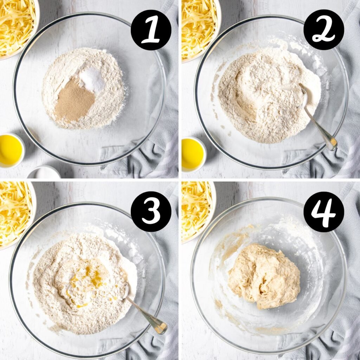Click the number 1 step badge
pos(151,30)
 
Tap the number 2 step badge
pos(323,30)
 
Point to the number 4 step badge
pos(323,211)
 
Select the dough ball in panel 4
pos(264,276)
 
